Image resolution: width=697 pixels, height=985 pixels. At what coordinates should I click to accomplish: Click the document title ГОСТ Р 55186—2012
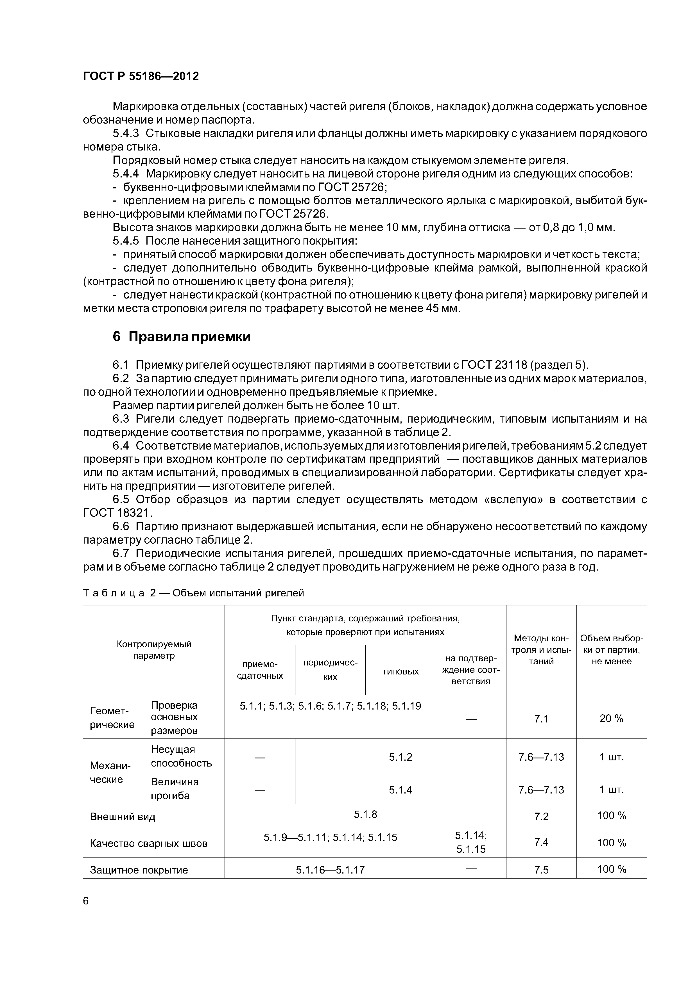click(141, 76)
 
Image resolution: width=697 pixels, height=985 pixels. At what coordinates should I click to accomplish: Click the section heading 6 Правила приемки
click(181, 337)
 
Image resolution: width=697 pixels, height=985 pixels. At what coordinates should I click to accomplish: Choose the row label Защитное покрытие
click(139, 870)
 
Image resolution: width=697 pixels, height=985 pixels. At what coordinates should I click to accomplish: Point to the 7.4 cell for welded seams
click(541, 842)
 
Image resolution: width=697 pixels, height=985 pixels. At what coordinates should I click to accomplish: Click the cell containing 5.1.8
click(365, 814)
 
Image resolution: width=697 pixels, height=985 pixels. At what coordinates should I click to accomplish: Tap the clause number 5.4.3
click(126, 133)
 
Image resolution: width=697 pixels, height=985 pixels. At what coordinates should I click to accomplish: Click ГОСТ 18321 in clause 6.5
click(117, 513)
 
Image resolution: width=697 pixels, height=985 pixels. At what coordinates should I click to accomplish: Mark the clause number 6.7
click(121, 553)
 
